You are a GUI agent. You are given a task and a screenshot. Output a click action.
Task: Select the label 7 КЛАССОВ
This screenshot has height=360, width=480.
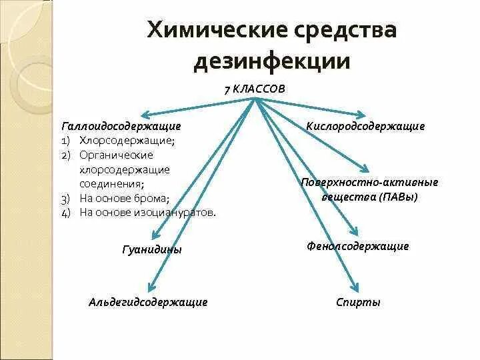pos(254,89)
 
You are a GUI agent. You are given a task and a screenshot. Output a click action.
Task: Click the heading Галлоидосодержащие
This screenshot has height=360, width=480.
pos(121,125)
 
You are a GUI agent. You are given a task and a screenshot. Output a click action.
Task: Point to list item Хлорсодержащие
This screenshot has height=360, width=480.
pos(127,141)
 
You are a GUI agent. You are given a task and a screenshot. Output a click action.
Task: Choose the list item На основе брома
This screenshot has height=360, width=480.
pos(124,198)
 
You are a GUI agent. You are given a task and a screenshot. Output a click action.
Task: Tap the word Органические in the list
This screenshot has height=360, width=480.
pos(116,155)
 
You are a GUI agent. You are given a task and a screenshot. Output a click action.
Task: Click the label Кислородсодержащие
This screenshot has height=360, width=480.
pos(365,125)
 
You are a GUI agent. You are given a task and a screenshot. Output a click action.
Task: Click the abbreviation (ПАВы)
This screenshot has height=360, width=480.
pos(398,197)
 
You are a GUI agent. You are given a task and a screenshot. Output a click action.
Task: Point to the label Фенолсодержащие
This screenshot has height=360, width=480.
pos(358,246)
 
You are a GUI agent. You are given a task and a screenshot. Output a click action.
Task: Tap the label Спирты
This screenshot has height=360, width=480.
pos(359,302)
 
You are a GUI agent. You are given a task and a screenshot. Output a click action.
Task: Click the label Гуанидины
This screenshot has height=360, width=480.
pos(153,249)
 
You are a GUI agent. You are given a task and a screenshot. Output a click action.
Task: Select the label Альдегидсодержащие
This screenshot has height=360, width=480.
pos(148,302)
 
